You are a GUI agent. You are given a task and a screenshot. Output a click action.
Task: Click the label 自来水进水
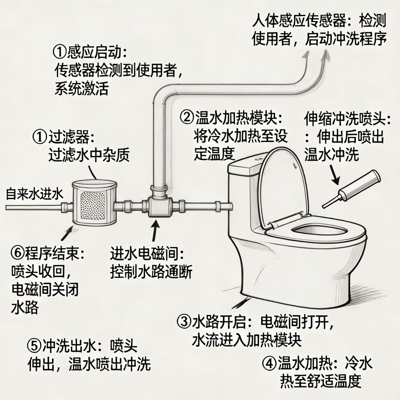(x=34, y=194)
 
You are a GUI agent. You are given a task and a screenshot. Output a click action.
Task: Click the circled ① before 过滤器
(x=40, y=137)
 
